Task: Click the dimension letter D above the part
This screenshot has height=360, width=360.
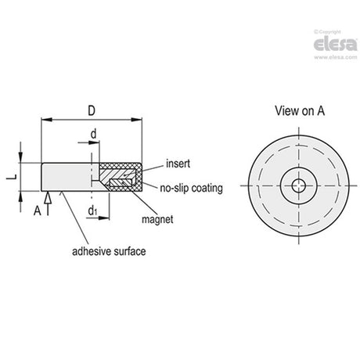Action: (x=92, y=111)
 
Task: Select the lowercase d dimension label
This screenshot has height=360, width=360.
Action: (x=93, y=134)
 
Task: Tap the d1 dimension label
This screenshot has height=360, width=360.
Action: (x=92, y=211)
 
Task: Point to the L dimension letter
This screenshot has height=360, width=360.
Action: (x=12, y=177)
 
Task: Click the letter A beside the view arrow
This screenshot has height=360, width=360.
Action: (x=38, y=211)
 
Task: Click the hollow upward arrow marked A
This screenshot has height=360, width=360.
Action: (x=48, y=203)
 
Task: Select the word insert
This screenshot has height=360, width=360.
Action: (x=178, y=164)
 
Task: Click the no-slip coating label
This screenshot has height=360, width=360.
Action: (x=191, y=188)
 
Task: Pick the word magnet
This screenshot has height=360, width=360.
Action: (x=157, y=219)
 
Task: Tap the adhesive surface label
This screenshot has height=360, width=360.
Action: (x=109, y=251)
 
